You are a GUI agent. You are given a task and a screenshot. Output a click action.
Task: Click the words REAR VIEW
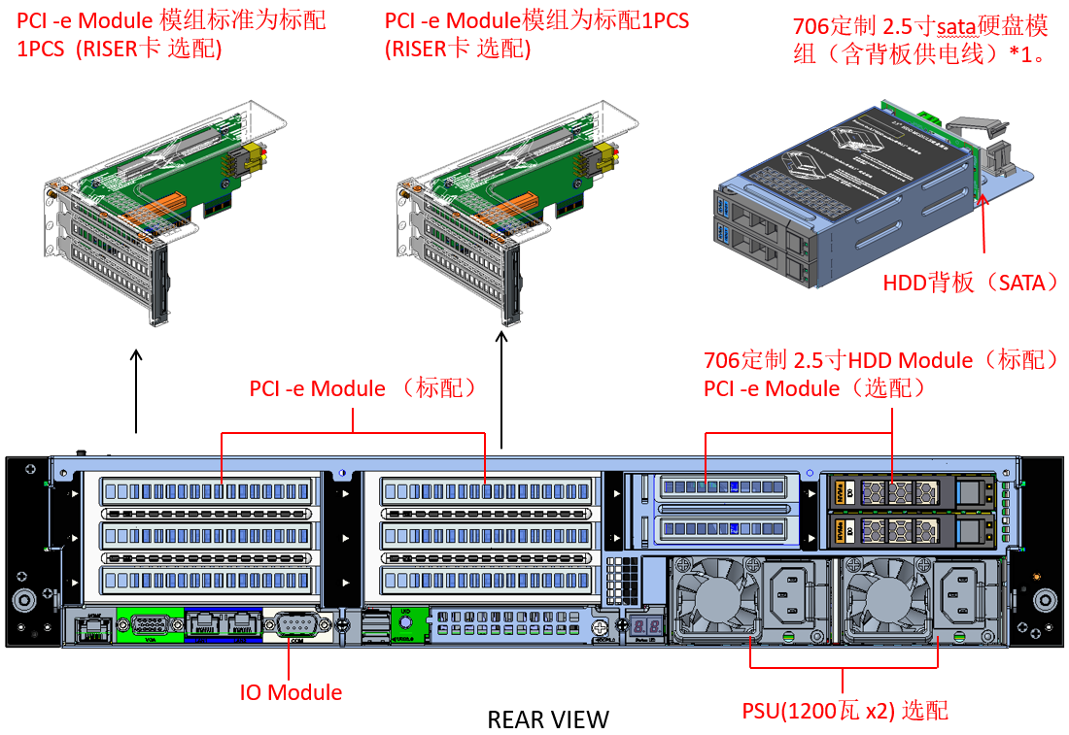pos(548,719)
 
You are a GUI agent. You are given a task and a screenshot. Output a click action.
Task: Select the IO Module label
pos(291,692)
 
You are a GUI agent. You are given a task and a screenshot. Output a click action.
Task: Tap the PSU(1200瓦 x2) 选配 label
pos(845,711)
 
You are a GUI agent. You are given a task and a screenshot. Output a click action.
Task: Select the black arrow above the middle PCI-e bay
pos(501,388)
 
